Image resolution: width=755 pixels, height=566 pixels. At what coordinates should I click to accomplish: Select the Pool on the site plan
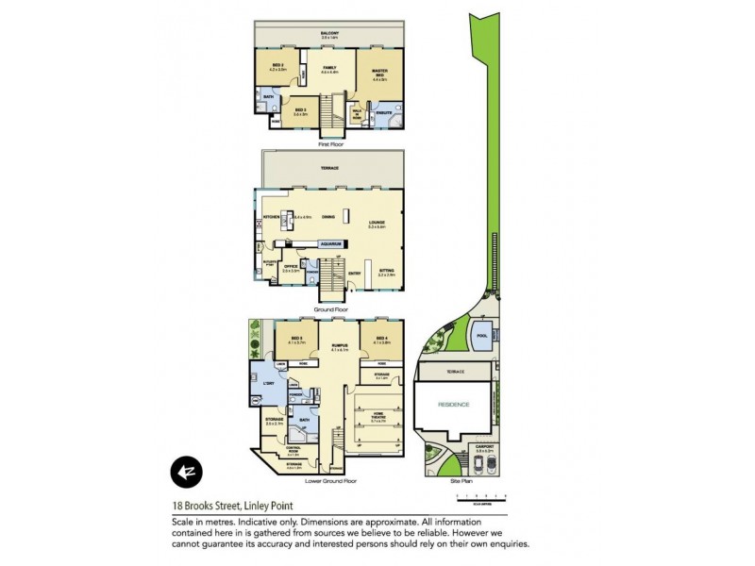481,337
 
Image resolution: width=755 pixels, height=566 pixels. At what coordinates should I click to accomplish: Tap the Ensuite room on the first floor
384,114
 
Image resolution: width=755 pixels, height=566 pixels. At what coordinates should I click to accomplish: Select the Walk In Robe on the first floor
358,113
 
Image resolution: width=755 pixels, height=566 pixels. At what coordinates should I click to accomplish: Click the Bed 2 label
277,67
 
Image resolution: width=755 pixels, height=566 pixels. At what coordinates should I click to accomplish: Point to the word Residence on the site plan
453,405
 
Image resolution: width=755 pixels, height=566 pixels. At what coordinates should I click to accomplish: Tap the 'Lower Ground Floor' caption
330,480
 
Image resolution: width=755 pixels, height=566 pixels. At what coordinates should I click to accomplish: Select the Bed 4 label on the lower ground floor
381,338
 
